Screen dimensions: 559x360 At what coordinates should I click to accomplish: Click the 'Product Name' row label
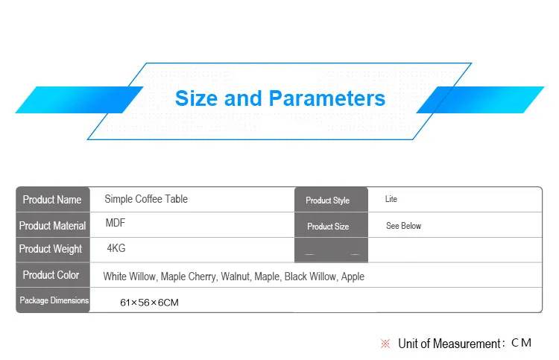coord(52,200)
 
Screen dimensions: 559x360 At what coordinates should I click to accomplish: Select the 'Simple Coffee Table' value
coord(146,199)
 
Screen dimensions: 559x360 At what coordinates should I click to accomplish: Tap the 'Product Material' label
coord(52,226)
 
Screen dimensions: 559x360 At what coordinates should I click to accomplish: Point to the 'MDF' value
coord(116,223)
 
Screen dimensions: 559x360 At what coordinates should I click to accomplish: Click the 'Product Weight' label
coord(51,249)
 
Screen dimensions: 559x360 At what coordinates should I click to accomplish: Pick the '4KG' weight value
coord(116,248)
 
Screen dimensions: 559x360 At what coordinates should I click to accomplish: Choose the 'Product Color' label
coord(51,275)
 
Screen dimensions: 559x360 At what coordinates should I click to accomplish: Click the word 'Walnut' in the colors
coord(236,277)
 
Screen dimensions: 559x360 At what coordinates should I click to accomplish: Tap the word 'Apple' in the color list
coord(353,277)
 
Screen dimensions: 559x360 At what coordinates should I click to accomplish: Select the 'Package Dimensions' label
coord(54,300)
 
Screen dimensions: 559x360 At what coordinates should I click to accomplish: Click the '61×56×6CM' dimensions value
coord(149,303)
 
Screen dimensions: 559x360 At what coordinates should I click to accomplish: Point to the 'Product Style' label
coord(328,200)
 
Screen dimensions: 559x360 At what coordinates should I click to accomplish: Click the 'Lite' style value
coord(391,199)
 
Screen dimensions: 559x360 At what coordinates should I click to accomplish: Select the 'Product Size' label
coord(328,227)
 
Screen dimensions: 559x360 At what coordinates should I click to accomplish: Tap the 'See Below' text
coord(403,226)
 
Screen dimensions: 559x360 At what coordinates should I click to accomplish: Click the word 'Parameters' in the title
coord(327,98)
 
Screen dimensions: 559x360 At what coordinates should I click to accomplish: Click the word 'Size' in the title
coord(197,98)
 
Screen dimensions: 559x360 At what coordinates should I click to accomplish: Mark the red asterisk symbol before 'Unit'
coord(385,344)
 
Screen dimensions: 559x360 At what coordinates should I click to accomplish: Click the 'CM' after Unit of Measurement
coord(521,343)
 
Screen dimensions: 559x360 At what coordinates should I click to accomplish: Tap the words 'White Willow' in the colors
coord(130,277)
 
